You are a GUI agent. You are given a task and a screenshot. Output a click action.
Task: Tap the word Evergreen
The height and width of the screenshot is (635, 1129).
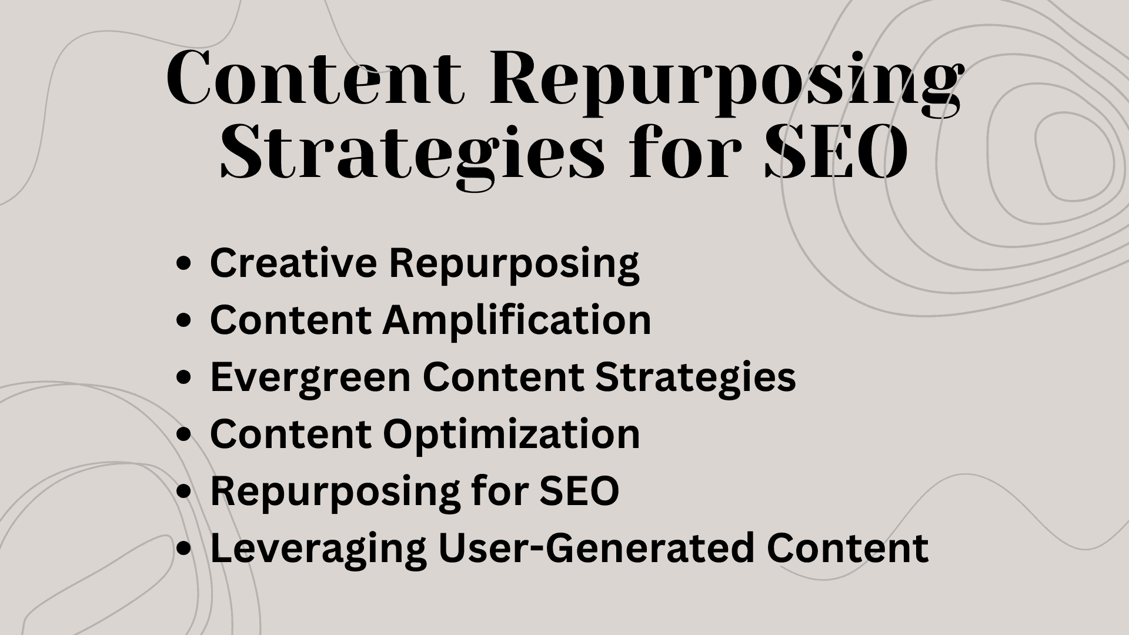click(x=310, y=377)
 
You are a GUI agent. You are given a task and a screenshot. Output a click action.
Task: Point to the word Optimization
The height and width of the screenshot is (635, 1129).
click(x=511, y=435)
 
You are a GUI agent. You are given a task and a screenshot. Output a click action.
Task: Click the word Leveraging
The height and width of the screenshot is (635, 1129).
click(x=318, y=549)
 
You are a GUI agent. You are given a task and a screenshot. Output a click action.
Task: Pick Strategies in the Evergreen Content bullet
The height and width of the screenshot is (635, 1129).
click(x=696, y=377)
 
